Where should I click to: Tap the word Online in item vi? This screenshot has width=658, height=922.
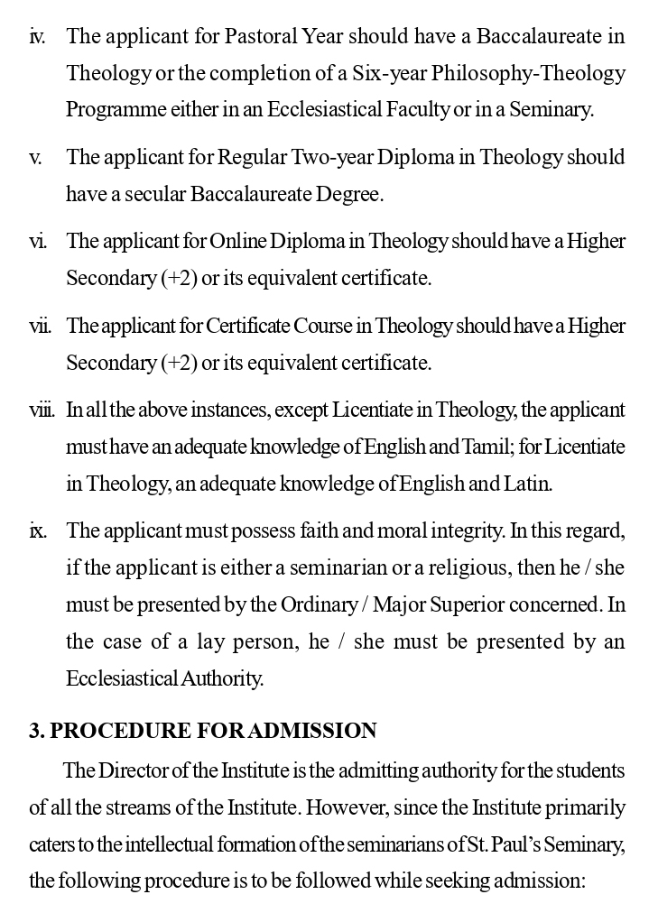[x=240, y=241]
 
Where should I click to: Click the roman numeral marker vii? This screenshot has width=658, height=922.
[x=39, y=325]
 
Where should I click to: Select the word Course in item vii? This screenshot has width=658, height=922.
[x=322, y=325]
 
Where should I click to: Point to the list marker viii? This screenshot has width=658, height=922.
[x=42, y=410]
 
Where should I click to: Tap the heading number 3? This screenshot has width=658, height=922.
[x=36, y=730]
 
